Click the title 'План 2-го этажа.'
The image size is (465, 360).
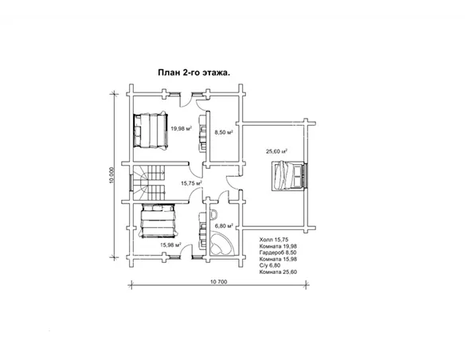[x=194, y=73]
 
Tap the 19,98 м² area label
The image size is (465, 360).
[x=181, y=128]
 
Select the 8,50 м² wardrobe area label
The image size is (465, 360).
[x=224, y=132]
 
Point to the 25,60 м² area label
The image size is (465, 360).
[x=276, y=151]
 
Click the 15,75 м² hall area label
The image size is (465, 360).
[x=192, y=183]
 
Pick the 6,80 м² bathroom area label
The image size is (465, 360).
[x=224, y=226]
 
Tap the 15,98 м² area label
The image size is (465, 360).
[x=171, y=245]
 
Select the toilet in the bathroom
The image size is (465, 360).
[x=213, y=213]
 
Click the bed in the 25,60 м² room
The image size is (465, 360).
[x=288, y=175]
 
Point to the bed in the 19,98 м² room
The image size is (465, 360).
[x=150, y=130]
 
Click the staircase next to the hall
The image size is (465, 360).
[x=148, y=183]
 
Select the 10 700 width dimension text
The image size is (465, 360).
[x=218, y=282]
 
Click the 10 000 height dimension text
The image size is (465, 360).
[x=111, y=175]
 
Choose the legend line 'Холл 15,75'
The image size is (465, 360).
[x=274, y=240]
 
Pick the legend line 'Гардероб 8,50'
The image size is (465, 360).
[x=278, y=252]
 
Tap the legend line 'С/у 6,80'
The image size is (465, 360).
[x=270, y=265]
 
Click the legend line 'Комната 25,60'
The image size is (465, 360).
[x=278, y=272]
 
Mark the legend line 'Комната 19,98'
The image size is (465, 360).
[x=278, y=246]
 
